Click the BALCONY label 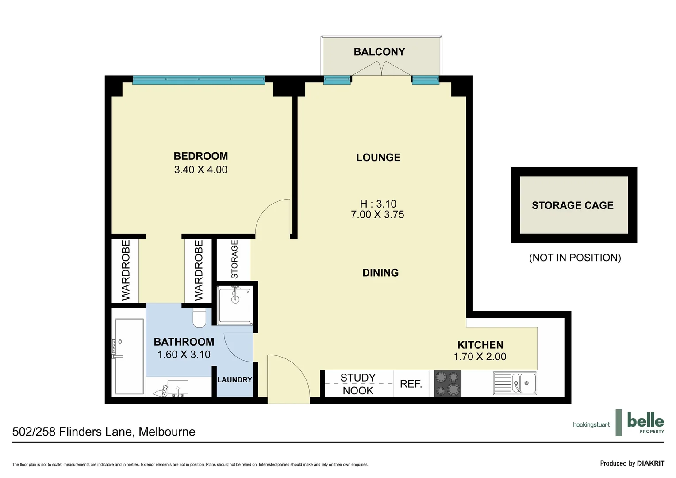pos(379,52)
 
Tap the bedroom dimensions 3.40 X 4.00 pos(200,170)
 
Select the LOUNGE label pos(378,157)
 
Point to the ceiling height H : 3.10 pos(378,204)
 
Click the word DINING pos(380,273)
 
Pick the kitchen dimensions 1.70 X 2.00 pos(480,357)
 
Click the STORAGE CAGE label pos(572,205)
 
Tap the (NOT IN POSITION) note pos(575,258)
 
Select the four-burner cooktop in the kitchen pos(448,383)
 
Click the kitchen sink pos(515,383)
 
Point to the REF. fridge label pos(411,384)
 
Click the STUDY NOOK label pos(358,384)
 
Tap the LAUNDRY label pos(234,380)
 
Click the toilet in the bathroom pos(200,318)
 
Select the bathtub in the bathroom pos(129,356)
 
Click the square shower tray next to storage pos(234,305)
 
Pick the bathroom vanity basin pos(177,388)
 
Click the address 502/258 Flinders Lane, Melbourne pos(104,432)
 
